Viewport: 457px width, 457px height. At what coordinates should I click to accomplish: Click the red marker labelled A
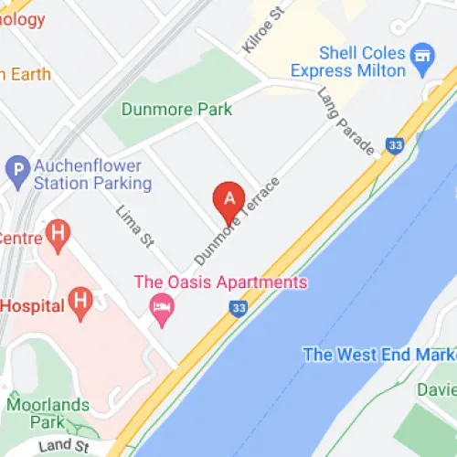click(x=228, y=198)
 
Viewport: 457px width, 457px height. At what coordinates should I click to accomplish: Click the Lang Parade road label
click(x=346, y=120)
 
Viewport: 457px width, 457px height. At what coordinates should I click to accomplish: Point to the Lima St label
click(x=134, y=227)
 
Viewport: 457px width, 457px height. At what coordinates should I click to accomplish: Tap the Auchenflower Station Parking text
click(x=91, y=175)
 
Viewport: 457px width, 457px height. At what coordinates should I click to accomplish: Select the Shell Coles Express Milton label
click(x=347, y=62)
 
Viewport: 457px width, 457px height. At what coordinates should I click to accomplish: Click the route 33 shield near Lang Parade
click(x=395, y=143)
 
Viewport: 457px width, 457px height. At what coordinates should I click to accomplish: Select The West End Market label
click(x=378, y=355)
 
